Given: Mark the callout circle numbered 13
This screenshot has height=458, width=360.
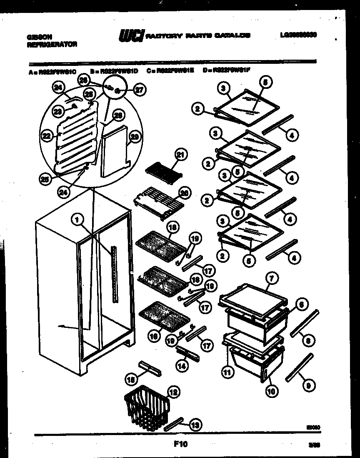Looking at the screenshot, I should coord(194,425).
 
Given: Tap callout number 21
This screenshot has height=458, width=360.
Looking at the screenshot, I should coord(180,155).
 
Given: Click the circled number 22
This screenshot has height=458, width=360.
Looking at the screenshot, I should coord(46,135).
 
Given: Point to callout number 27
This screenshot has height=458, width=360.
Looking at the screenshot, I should coord(139,89).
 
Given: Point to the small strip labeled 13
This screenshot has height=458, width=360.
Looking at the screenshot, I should coord(174,423).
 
